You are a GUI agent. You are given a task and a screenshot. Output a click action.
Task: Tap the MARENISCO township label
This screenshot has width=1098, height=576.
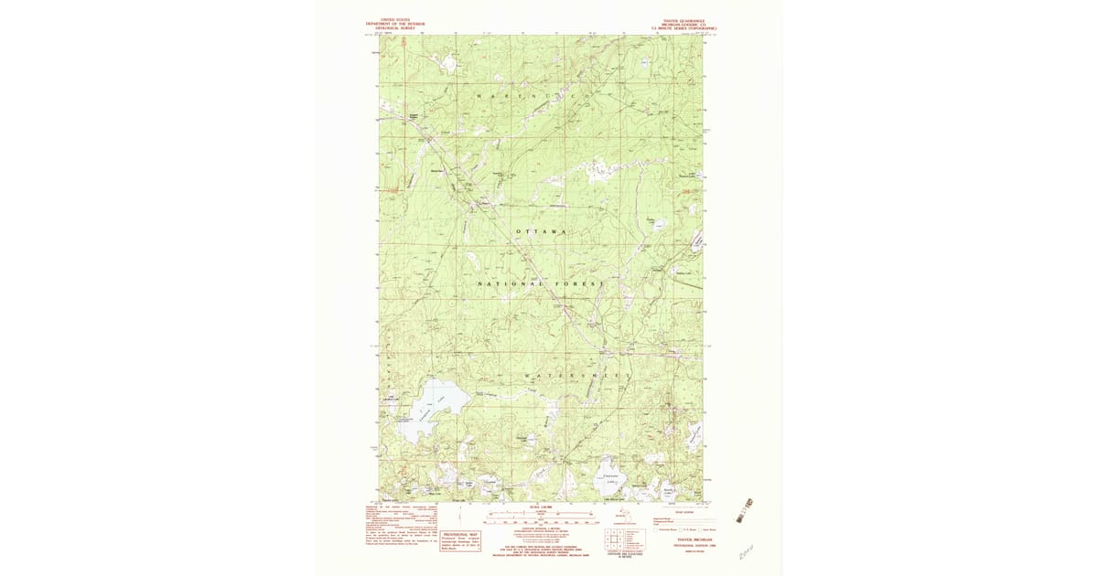coord(527,95)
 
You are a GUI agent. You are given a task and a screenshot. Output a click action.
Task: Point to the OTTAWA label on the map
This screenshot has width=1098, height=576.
coord(542,231)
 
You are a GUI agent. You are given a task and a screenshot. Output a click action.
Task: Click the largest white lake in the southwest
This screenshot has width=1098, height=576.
coord(429,410)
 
